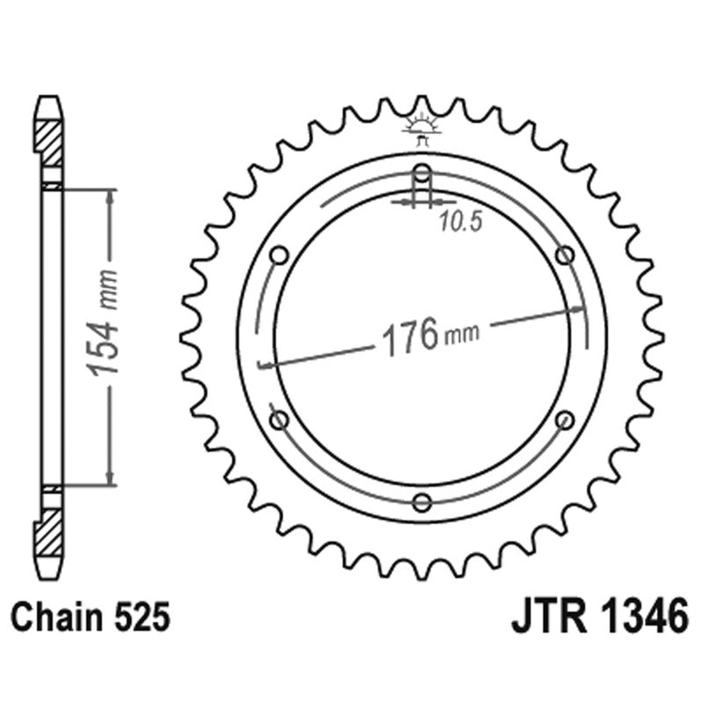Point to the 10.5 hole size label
(x=447, y=223)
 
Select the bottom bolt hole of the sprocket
(x=423, y=502)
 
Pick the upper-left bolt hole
(x=280, y=255)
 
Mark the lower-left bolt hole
(x=280, y=419)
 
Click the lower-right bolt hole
(x=565, y=419)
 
